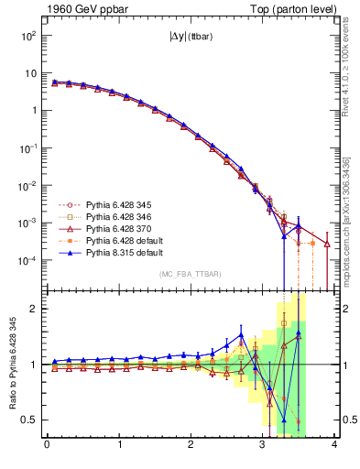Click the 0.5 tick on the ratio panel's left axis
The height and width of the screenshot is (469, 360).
point(29,420)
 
